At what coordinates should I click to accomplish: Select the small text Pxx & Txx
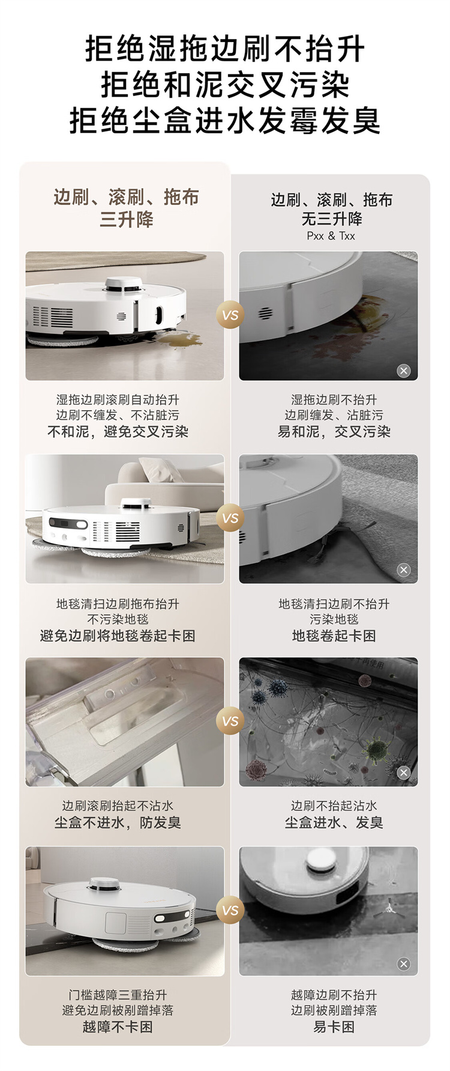(x=331, y=236)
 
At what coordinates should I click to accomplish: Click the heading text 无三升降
(x=331, y=218)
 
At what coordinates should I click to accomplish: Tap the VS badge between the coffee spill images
(x=230, y=315)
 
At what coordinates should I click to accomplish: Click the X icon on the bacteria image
(x=404, y=772)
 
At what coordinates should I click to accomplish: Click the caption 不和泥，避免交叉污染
(x=118, y=431)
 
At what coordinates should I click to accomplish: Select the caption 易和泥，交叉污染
(x=334, y=431)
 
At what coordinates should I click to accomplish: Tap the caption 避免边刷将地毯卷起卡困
(x=118, y=636)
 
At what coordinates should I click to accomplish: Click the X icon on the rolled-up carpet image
(x=404, y=569)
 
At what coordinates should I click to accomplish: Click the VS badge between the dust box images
(x=230, y=721)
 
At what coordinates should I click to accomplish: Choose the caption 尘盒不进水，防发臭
(x=118, y=822)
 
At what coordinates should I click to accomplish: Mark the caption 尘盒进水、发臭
(x=334, y=822)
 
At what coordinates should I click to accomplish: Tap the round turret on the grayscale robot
(x=323, y=864)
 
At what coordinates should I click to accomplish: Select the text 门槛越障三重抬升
(x=118, y=995)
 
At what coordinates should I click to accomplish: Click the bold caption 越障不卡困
(x=118, y=1027)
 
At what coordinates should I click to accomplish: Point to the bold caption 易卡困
(x=334, y=1027)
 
